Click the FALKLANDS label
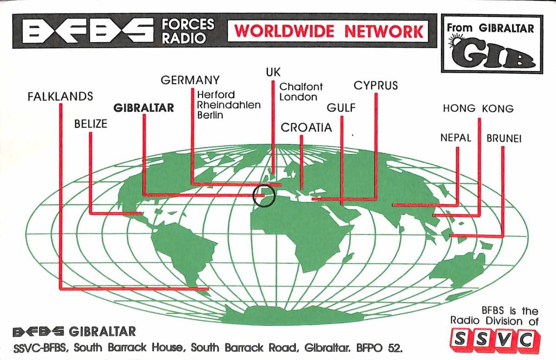tap(60, 97)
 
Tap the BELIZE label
tap(90, 124)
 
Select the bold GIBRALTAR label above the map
tap(144, 108)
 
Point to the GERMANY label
tap(190, 80)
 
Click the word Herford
tap(216, 95)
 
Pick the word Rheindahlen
tap(229, 105)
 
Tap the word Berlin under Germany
tap(210, 115)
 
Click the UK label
tap(273, 72)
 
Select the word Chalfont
tap(301, 87)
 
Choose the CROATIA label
tap(307, 128)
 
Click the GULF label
tap(341, 108)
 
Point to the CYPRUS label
tap(376, 86)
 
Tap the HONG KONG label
tap(478, 109)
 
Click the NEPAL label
tap(456, 138)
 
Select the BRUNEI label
tap(504, 139)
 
